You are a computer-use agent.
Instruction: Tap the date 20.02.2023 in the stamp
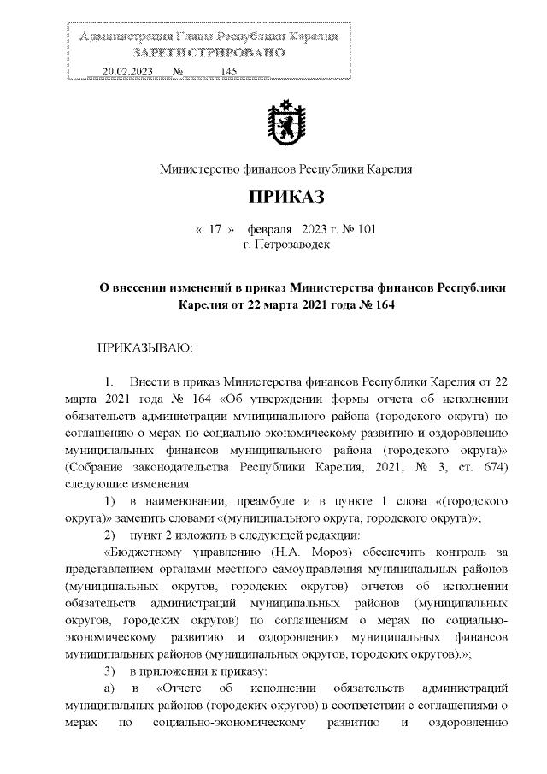(126, 72)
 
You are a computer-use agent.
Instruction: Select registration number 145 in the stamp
(227, 72)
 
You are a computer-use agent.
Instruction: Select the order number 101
(364, 230)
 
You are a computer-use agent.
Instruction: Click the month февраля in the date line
(270, 230)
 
